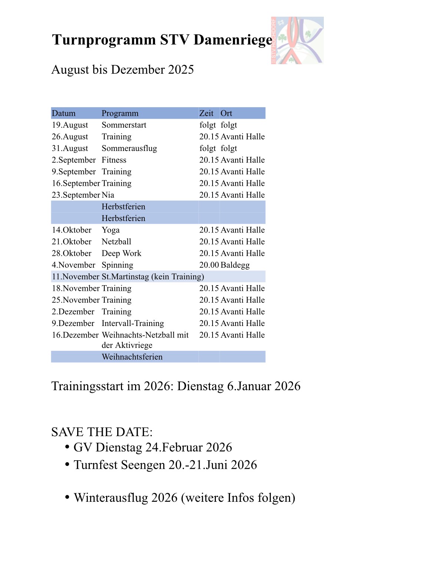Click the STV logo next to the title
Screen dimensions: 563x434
pyautogui.click(x=297, y=40)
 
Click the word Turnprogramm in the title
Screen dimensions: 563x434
pyautogui.click(x=104, y=40)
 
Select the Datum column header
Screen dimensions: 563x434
pyautogui.click(x=63, y=113)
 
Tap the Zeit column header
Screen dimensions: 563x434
pyautogui.click(x=206, y=113)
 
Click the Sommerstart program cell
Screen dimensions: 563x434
pyautogui.click(x=124, y=125)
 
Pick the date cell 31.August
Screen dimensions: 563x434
pyautogui.click(x=70, y=148)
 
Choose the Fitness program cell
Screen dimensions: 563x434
pyautogui.click(x=114, y=160)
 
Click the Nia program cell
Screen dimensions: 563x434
pyautogui.click(x=108, y=195)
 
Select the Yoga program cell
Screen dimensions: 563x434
pyautogui.click(x=111, y=230)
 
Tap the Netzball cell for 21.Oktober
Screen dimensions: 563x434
pyautogui.click(x=116, y=242)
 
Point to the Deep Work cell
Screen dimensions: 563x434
pyautogui.click(x=121, y=253)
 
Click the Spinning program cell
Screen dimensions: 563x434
pyautogui.click(x=117, y=265)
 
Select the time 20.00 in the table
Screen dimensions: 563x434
pyautogui.click(x=209, y=265)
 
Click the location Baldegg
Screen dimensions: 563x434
pyautogui.click(x=235, y=265)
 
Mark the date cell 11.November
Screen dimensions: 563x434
pyautogui.click(x=75, y=277)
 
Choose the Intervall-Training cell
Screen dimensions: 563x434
pyautogui.click(x=133, y=323)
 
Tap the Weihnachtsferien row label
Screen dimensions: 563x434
pyautogui.click(x=132, y=357)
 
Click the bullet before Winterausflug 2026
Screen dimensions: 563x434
pyautogui.click(x=67, y=497)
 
